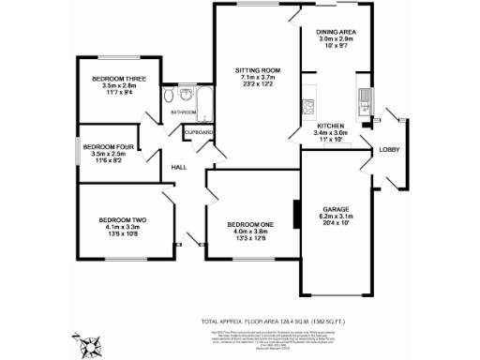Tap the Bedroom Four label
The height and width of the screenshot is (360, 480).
(x=110, y=146)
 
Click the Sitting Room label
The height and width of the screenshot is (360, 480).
(x=258, y=69)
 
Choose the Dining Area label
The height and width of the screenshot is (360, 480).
(x=334, y=31)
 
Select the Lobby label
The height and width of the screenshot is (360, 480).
(x=389, y=151)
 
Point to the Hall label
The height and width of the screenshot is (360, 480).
(x=178, y=168)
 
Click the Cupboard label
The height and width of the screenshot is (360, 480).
(x=200, y=133)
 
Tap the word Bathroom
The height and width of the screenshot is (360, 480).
(x=183, y=112)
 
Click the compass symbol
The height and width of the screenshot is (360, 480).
(x=90, y=351)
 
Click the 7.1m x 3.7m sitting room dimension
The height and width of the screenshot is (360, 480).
(x=258, y=77)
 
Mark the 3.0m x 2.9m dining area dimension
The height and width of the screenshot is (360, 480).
(x=334, y=38)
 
